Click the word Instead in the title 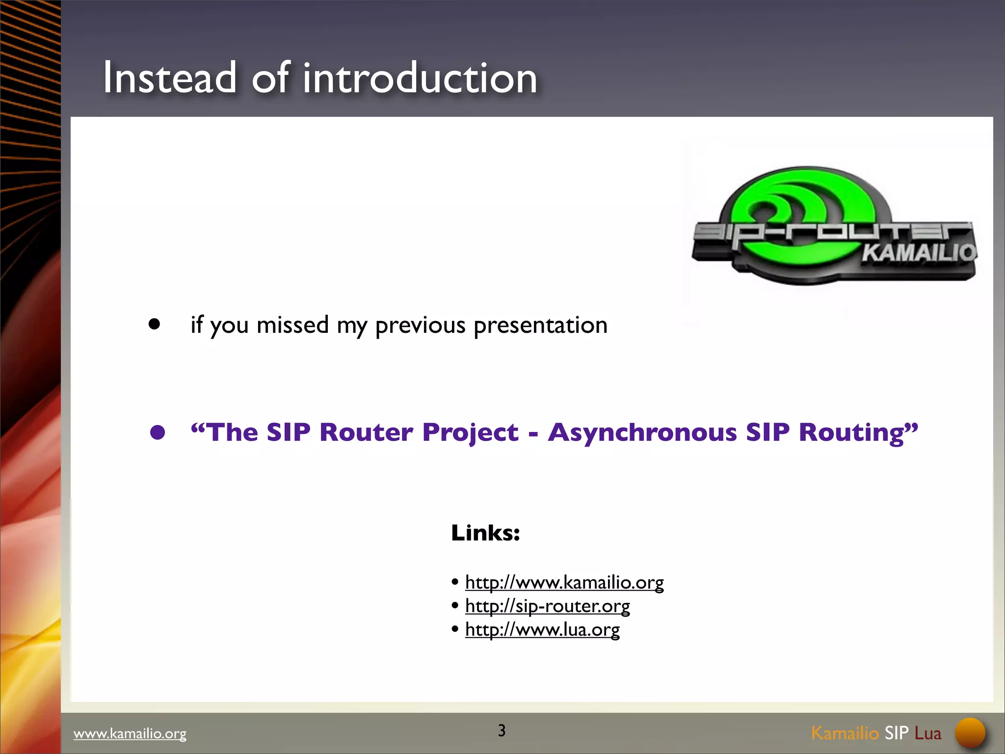click(169, 78)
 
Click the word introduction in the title click(420, 78)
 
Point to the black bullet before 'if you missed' click(155, 324)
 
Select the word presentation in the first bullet click(540, 325)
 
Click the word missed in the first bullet click(292, 324)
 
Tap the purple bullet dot click(158, 432)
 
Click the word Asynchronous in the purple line click(642, 432)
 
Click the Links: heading click(485, 533)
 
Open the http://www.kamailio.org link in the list click(564, 583)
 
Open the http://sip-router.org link click(547, 606)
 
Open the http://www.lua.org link click(542, 630)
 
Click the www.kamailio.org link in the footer click(130, 733)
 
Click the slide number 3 click(502, 730)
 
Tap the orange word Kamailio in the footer click(844, 733)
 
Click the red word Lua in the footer click(927, 733)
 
